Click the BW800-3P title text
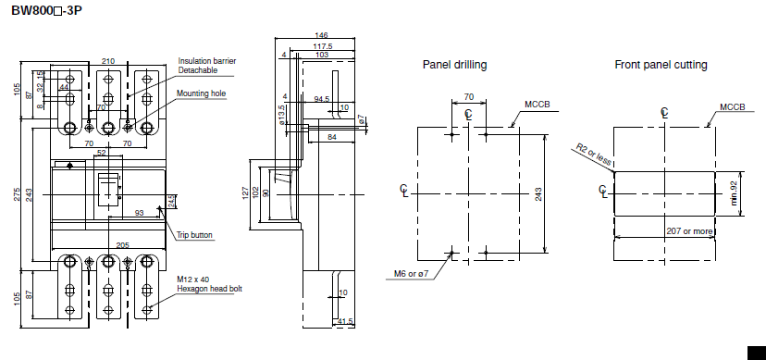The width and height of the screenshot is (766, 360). (46, 10)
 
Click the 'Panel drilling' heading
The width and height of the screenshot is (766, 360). (454, 65)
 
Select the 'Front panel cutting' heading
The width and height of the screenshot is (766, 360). (661, 65)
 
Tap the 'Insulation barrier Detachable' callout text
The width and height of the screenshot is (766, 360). (206, 66)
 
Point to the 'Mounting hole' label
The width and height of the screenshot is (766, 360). (202, 93)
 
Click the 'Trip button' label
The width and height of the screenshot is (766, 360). (194, 235)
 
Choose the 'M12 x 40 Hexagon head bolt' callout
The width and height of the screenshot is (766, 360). (209, 284)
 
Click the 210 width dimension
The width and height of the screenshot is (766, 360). (108, 61)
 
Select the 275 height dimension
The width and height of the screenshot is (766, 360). (17, 194)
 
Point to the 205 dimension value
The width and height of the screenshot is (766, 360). (123, 245)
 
